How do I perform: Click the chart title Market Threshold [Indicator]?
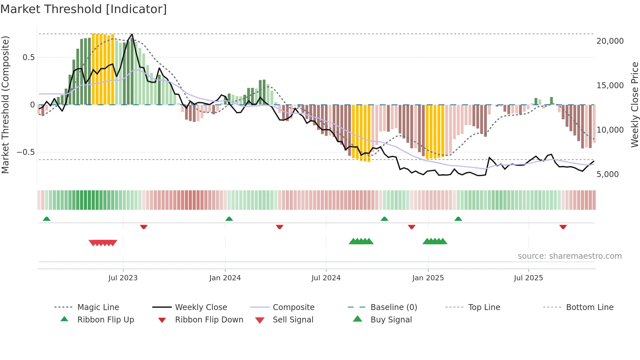coord(84,9)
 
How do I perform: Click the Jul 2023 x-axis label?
coord(123,278)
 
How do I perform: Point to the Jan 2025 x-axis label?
coord(428,278)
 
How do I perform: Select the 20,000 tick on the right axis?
coord(610,41)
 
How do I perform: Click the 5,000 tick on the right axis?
coord(607,174)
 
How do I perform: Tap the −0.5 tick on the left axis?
coord(25,152)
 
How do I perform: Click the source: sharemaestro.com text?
coord(569,256)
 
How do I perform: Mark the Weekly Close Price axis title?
coord(634,105)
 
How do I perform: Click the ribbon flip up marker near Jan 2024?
coord(229,219)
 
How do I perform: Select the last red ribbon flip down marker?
coord(563,227)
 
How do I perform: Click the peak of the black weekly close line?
coord(132,34)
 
